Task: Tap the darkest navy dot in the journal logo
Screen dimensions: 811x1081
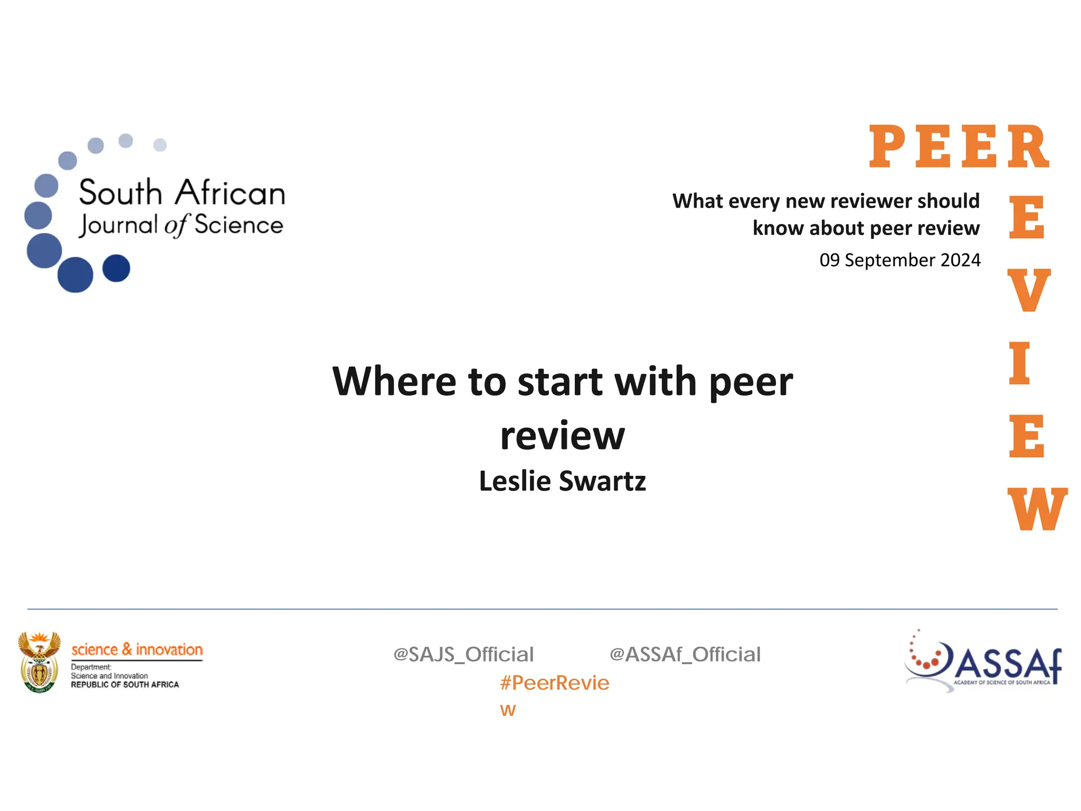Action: [116, 268]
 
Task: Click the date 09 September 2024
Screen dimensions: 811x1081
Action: [899, 260]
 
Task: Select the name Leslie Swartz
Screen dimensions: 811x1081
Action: [562, 481]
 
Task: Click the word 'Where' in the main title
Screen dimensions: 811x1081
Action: [394, 381]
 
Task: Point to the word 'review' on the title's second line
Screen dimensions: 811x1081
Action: [562, 436]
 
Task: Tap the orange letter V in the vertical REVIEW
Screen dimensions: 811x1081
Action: [1028, 290]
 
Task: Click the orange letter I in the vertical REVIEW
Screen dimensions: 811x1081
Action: [1019, 363]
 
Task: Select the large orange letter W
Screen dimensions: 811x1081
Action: [1037, 509]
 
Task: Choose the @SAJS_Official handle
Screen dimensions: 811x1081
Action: [463, 655]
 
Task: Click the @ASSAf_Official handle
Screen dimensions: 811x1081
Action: [685, 655]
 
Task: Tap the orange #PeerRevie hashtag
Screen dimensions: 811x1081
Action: [554, 683]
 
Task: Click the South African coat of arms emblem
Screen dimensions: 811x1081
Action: [39, 662]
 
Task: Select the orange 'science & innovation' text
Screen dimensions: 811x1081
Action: [137, 649]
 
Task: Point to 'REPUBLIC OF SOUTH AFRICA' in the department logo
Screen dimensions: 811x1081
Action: [125, 685]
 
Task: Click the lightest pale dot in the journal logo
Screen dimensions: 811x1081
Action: [160, 145]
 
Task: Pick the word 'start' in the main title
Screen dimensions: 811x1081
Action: [560, 381]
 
